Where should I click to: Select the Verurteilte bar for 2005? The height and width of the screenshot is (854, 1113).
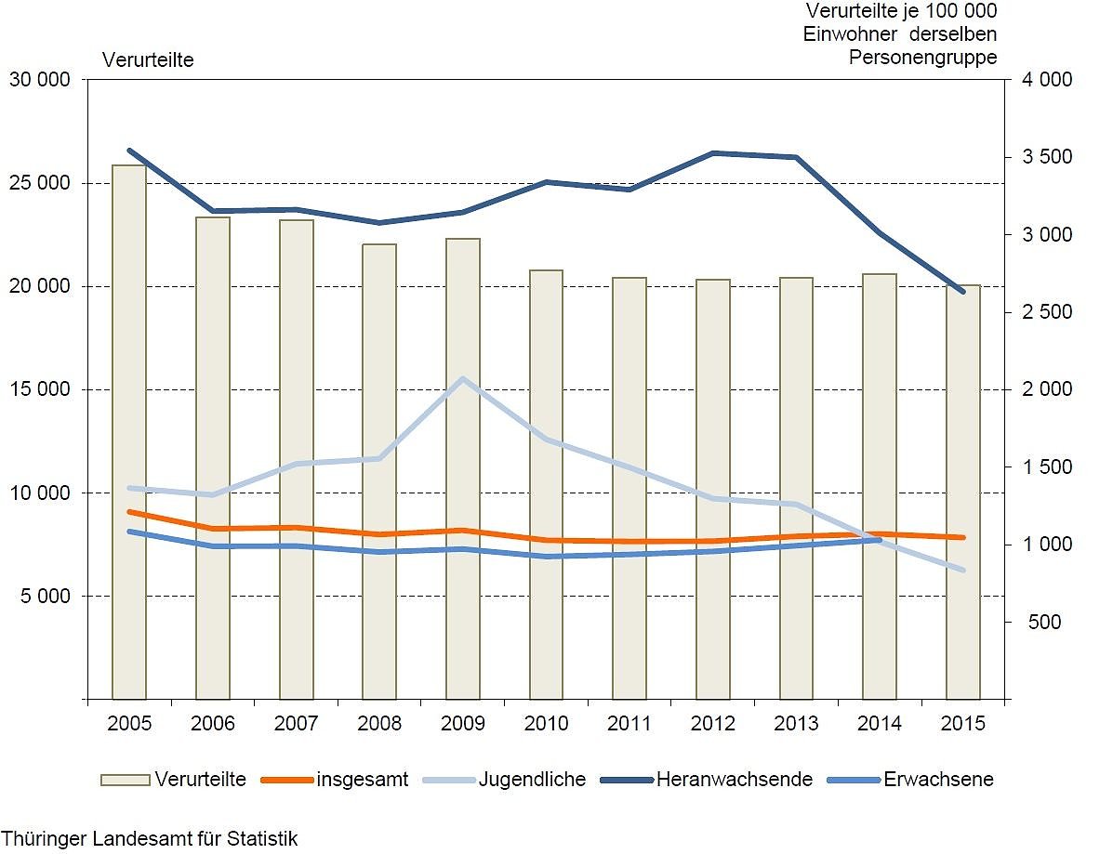coord(129,432)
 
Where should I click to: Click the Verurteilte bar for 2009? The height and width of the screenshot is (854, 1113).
coord(463,469)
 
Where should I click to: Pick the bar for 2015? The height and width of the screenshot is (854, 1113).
coord(963,493)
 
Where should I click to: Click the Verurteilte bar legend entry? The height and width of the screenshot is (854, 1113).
coord(174,780)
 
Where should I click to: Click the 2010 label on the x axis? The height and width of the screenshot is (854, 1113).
coord(546,724)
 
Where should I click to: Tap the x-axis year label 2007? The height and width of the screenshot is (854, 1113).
coord(296,724)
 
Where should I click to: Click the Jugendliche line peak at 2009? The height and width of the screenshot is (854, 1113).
coord(463,379)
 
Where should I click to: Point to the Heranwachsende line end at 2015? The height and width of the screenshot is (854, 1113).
coord(963,292)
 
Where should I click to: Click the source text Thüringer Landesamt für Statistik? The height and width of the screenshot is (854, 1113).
coord(150,838)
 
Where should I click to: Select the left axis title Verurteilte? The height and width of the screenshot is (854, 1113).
coord(148,60)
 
